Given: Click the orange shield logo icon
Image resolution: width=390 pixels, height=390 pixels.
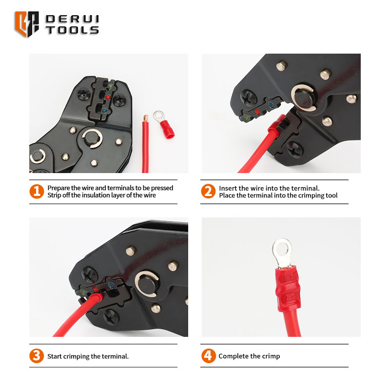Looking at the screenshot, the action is pos(27,24).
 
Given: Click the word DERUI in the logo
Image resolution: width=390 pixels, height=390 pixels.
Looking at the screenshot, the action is pos(72,19).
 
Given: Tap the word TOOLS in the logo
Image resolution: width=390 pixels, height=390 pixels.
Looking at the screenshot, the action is pos(72,30).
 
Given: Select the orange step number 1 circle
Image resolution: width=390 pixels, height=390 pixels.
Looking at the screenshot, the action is pos(37,191).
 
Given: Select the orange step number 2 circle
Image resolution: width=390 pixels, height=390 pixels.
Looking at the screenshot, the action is pos(208,191).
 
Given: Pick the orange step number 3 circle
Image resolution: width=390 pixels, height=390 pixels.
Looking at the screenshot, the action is pos(37,356).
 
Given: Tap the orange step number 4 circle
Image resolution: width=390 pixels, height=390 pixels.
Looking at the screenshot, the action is pos(209,356).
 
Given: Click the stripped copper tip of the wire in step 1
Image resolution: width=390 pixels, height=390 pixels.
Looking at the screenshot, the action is pos(145,118).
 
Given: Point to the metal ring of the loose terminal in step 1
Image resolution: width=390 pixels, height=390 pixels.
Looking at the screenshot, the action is pos(158,117).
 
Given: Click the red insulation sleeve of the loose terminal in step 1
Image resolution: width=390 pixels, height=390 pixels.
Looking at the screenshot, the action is pos(167,129).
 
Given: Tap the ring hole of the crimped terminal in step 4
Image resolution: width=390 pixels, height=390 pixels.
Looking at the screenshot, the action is pos(282,249).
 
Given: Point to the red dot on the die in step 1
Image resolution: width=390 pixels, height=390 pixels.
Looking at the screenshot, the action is pos(108,97).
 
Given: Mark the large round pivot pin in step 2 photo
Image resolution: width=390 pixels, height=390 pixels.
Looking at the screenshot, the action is pos(304,98).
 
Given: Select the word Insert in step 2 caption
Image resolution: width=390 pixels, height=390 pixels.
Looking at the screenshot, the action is pos(228,188).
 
